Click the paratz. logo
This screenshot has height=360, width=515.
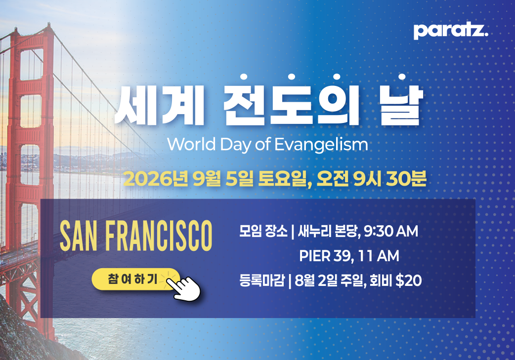[x=451, y=31]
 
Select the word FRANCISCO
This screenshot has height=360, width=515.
[x=159, y=236]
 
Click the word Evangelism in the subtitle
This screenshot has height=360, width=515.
[x=321, y=144]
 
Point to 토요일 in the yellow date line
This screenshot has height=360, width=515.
[x=283, y=179]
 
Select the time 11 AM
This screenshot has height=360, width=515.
[x=379, y=256]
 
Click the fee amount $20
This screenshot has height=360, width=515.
[x=409, y=280]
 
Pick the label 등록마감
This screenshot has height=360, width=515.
[x=262, y=280]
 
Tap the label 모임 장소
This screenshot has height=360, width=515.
[x=263, y=231]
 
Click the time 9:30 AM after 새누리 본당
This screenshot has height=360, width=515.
[x=391, y=231]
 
